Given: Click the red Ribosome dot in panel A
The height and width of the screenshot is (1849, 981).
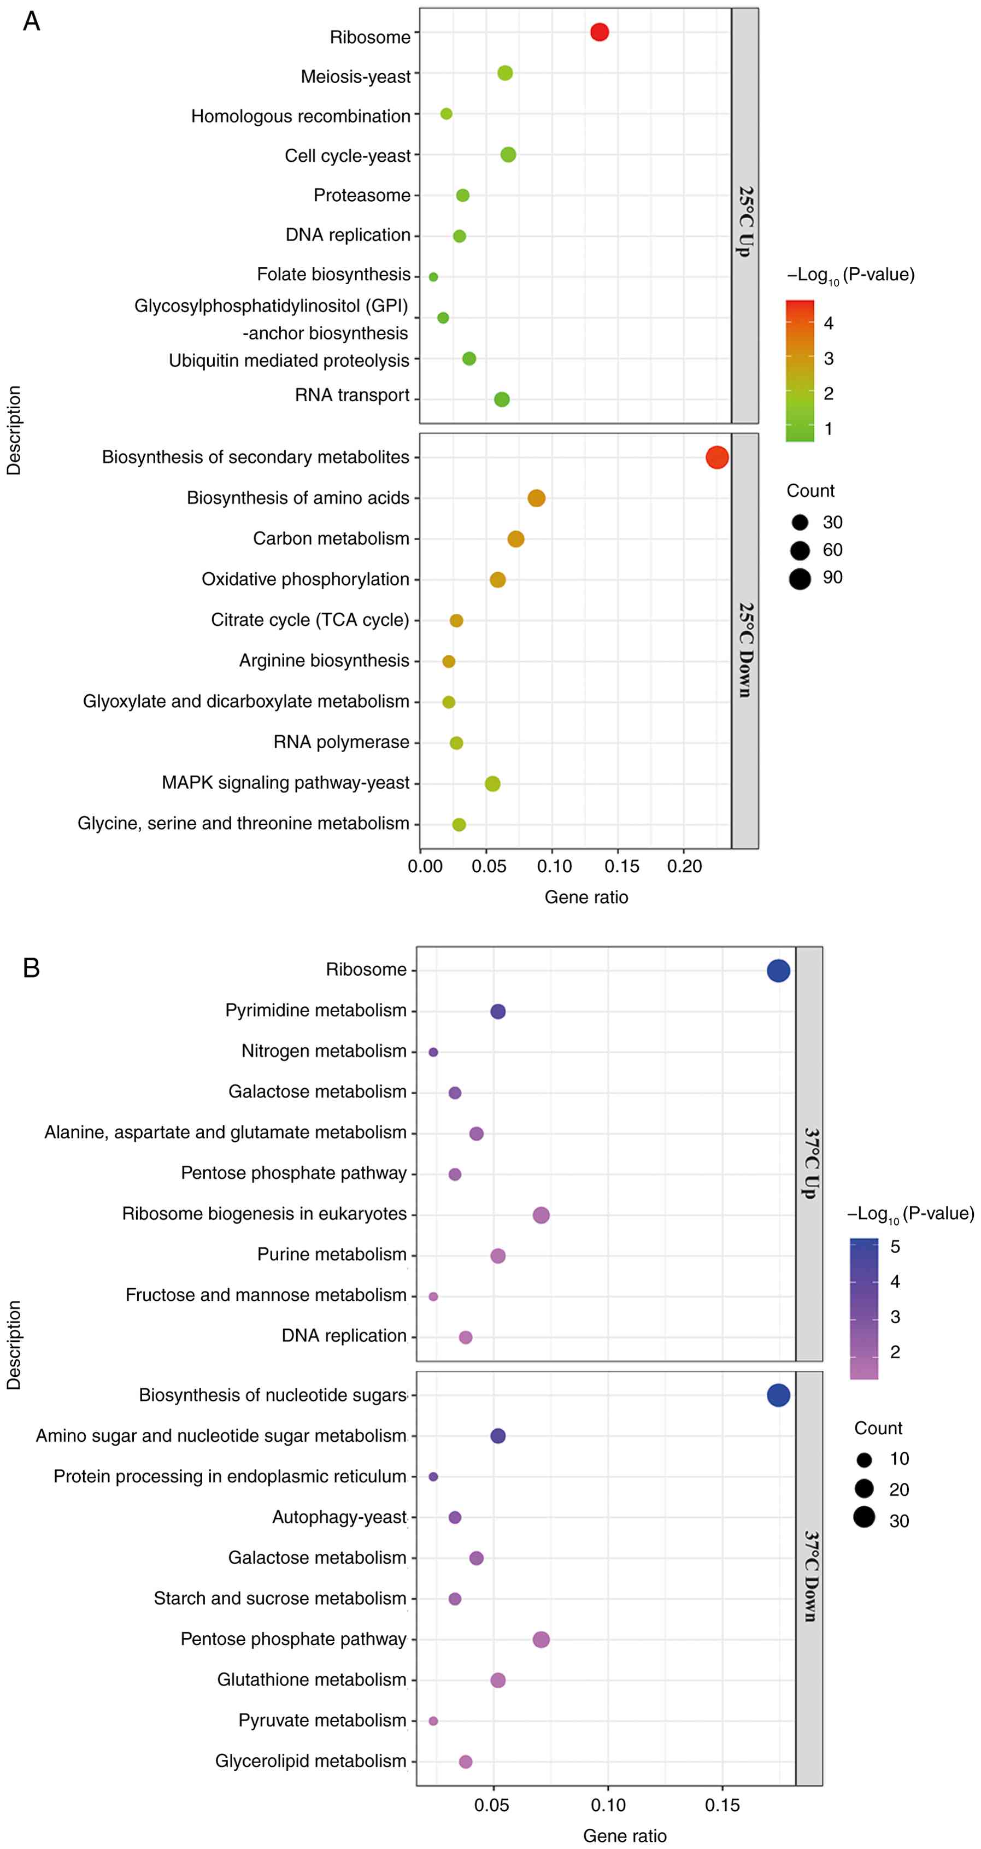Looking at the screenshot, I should click(x=599, y=32).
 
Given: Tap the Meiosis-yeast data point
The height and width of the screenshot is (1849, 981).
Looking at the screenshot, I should click(x=505, y=73).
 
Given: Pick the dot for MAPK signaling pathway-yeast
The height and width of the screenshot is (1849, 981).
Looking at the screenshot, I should click(x=492, y=784).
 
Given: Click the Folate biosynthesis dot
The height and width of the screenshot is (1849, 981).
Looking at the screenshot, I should click(x=433, y=277).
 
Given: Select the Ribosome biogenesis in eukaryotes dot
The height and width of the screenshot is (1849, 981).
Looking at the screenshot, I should click(x=541, y=1215).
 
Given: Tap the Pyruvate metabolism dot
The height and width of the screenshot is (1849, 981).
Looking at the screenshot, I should click(x=433, y=1721).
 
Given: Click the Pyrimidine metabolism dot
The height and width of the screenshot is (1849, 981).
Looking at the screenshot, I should click(x=498, y=1011).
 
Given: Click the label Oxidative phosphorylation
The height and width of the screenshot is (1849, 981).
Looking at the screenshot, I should click(x=305, y=579).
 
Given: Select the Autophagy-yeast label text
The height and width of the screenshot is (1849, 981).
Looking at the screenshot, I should click(x=339, y=1517).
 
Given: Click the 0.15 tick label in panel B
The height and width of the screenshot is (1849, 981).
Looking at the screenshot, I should click(x=722, y=1805).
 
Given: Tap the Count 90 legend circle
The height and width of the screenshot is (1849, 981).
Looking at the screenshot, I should click(x=800, y=579).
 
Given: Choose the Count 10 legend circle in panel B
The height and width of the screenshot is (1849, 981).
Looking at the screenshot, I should click(x=864, y=1459).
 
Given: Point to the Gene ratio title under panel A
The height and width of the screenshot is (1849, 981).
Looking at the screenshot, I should click(x=586, y=897).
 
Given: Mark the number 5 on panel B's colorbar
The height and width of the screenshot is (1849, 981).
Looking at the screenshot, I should click(x=895, y=1247).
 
